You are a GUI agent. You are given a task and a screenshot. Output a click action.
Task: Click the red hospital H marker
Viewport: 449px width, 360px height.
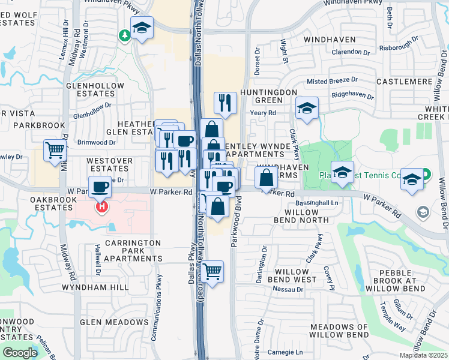pos(103,207)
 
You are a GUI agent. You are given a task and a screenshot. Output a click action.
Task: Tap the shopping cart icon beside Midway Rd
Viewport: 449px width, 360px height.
pos(55,150)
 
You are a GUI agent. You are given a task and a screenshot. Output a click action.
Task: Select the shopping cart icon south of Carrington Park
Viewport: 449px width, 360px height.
pos(212,272)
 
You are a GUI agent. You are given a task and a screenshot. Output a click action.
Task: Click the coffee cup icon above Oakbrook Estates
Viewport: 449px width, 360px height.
pos(100,187)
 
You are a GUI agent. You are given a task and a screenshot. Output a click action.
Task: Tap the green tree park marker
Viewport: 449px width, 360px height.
pos(125,36)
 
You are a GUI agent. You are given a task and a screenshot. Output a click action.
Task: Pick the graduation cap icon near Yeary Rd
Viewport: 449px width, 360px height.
pos(307,109)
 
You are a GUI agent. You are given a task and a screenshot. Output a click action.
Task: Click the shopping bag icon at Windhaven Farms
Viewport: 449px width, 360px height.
pos(266,177)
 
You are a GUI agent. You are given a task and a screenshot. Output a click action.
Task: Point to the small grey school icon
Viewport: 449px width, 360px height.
pos(423,212)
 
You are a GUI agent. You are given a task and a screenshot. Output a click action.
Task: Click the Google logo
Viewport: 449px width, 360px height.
pos(20,353)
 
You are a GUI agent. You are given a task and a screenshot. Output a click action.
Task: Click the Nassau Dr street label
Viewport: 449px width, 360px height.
pos(289,289)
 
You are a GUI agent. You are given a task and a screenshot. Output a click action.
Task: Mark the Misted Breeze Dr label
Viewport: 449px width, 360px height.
pos(332,80)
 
